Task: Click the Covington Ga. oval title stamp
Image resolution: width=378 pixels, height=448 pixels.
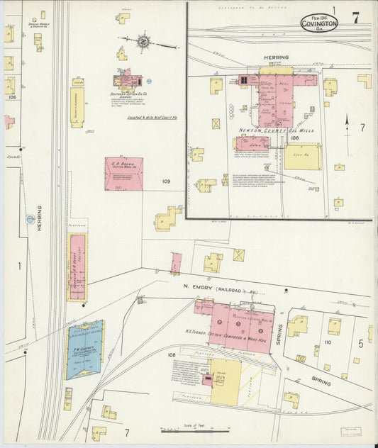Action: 318,23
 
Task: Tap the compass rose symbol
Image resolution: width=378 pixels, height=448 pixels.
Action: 144,42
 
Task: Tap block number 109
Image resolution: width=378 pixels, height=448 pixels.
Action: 165,181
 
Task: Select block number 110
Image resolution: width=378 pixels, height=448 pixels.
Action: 327,342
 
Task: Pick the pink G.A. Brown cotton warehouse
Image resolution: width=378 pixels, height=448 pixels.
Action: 123,174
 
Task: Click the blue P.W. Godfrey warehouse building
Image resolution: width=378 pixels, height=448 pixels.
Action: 85,349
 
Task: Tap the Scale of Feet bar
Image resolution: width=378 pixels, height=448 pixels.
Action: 193,430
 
